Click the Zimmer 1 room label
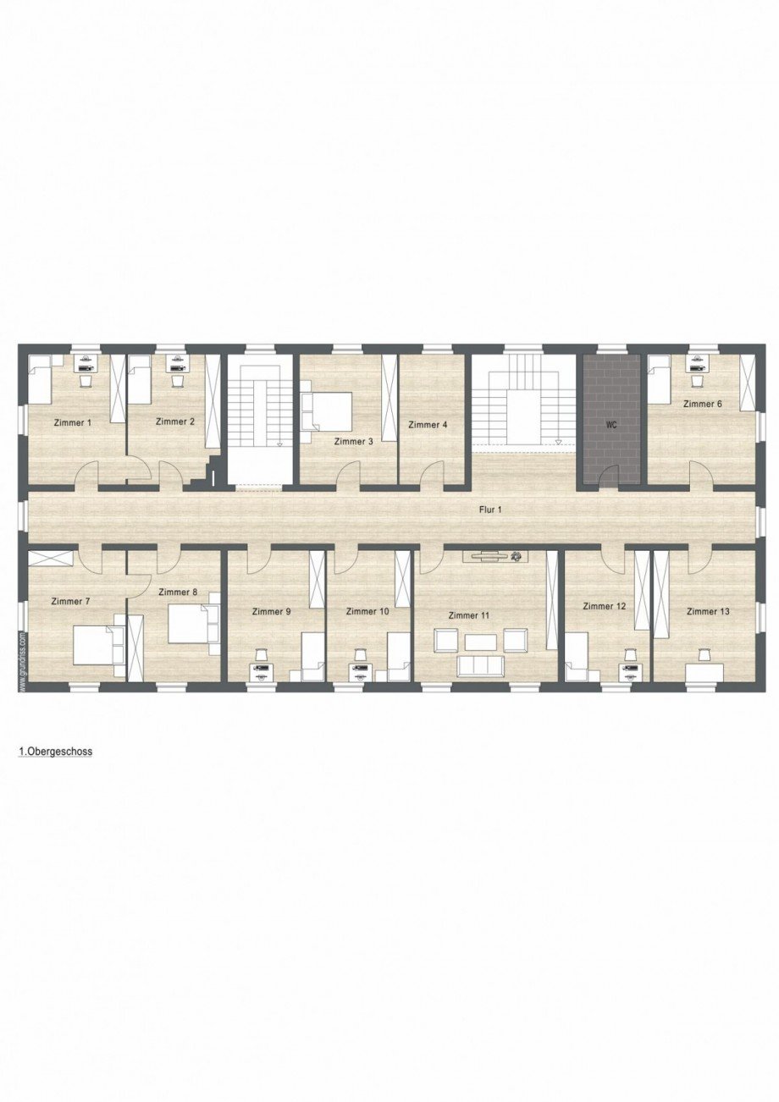pos(72,422)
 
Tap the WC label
pos(611,426)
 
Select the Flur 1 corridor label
pos(490,510)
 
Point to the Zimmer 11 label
pos(469,615)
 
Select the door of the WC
pos(611,477)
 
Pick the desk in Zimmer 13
pos(704,671)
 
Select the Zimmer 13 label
pos(708,611)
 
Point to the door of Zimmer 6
pos(701,475)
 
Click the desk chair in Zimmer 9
pos(262,655)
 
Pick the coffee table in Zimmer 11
pos(480,641)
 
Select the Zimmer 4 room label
pos(428,425)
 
